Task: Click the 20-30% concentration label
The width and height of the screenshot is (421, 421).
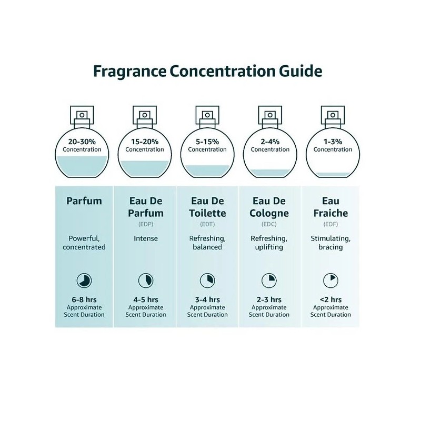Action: pos(82,142)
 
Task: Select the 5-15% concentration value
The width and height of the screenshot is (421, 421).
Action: pos(207,142)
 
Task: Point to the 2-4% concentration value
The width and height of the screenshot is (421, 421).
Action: pos(270,142)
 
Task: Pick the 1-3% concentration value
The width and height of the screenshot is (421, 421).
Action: pos(333,142)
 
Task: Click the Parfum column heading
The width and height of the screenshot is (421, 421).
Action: pos(84,201)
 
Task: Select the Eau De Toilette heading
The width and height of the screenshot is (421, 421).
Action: pos(207,207)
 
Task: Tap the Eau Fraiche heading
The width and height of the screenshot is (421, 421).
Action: pos(330,207)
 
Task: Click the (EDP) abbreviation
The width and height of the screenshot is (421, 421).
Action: pos(146,224)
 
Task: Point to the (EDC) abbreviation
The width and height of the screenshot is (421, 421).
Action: pos(270,224)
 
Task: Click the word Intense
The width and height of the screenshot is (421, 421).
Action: pos(146,238)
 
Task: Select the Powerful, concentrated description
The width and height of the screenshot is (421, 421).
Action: pos(84,243)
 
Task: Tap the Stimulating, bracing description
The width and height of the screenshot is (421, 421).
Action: pos(330,243)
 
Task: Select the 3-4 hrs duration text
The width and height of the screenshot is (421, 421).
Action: pos(207,299)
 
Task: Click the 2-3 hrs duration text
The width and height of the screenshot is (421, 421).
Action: pos(270,299)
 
